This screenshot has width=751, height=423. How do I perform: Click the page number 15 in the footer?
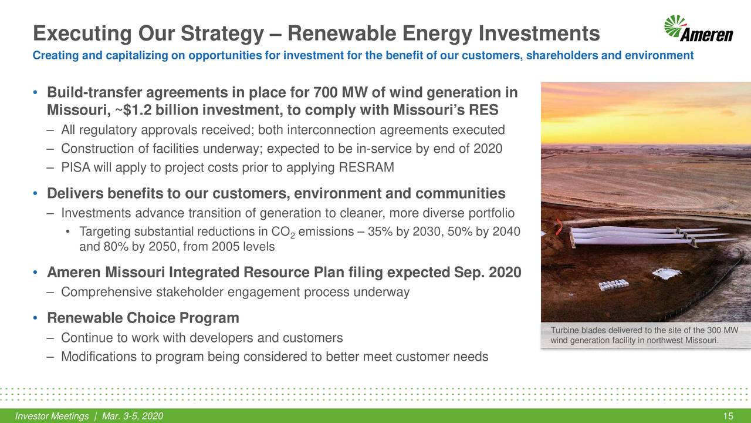pyautogui.click(x=729, y=417)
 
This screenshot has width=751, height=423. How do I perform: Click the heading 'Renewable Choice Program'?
pyautogui.click(x=143, y=318)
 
